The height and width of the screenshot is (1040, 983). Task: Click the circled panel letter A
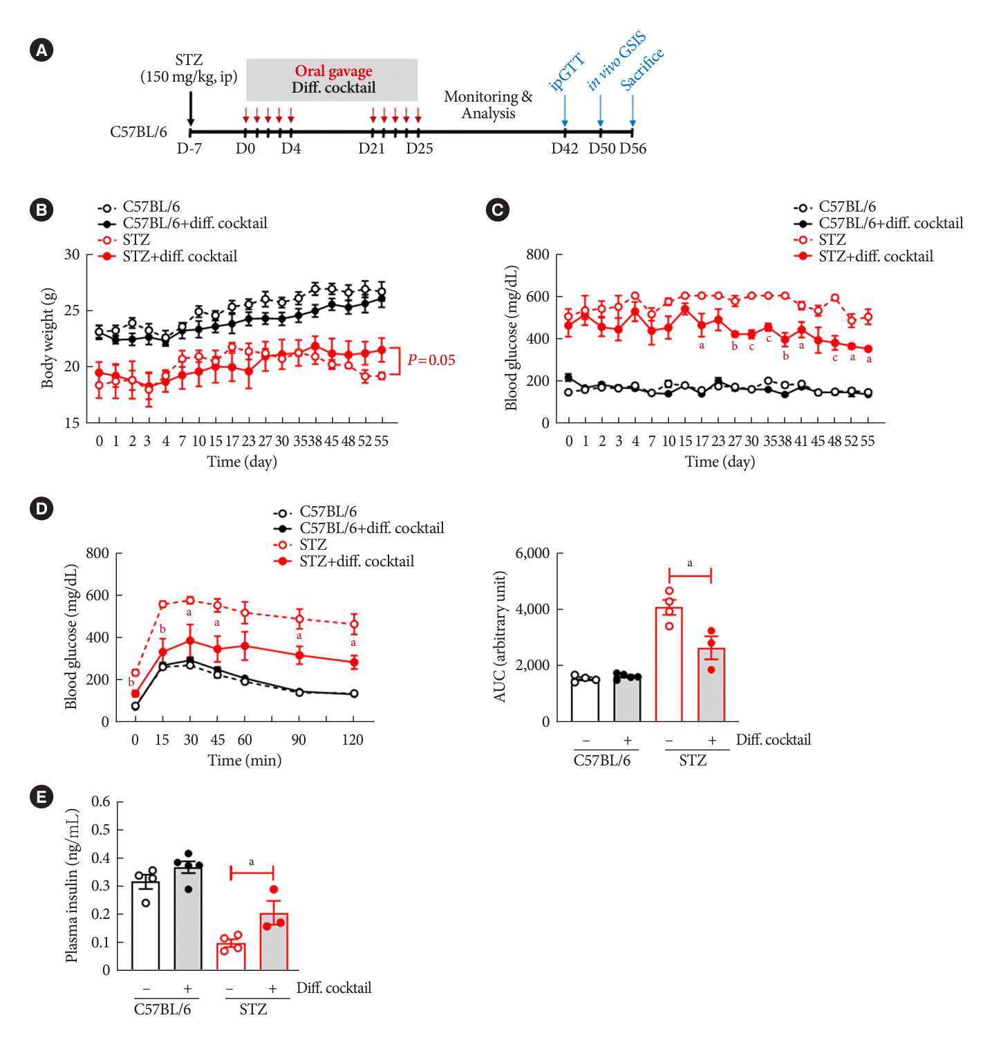[x=42, y=50]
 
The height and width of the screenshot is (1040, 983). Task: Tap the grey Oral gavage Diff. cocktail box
[x=332, y=80]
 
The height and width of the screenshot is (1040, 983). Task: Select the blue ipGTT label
[x=566, y=72]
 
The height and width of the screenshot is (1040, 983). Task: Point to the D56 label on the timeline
[x=633, y=149]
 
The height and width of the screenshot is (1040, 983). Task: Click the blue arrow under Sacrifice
[x=633, y=111]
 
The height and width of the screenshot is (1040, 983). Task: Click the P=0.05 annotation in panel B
[x=431, y=360]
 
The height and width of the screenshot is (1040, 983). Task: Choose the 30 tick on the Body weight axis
[x=72, y=254]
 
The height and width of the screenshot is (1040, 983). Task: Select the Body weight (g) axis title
[x=47, y=338]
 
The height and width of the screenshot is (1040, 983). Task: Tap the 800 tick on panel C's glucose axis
[x=538, y=254]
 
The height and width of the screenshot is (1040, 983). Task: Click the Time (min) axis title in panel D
[x=245, y=761]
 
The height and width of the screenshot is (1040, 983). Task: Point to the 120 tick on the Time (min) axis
[x=353, y=740]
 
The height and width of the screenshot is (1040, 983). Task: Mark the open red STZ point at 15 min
[x=163, y=604]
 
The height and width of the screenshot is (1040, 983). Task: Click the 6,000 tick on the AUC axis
[x=532, y=553]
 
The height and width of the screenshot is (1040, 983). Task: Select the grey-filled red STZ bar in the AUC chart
[x=711, y=685]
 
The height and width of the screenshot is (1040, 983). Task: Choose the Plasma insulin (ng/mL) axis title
[x=72, y=886]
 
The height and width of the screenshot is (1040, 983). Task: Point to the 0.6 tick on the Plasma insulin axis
[x=101, y=802]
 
